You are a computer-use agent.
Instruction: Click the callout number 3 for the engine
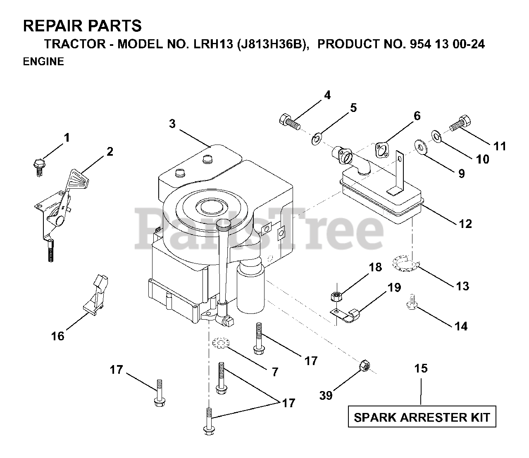(x=172, y=123)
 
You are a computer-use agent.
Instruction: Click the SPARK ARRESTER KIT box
(x=421, y=417)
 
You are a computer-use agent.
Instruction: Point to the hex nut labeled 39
(x=364, y=365)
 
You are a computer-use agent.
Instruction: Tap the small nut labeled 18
(x=335, y=296)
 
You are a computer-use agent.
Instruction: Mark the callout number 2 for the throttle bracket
(x=109, y=152)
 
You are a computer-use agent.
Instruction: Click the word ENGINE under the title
(x=43, y=62)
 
